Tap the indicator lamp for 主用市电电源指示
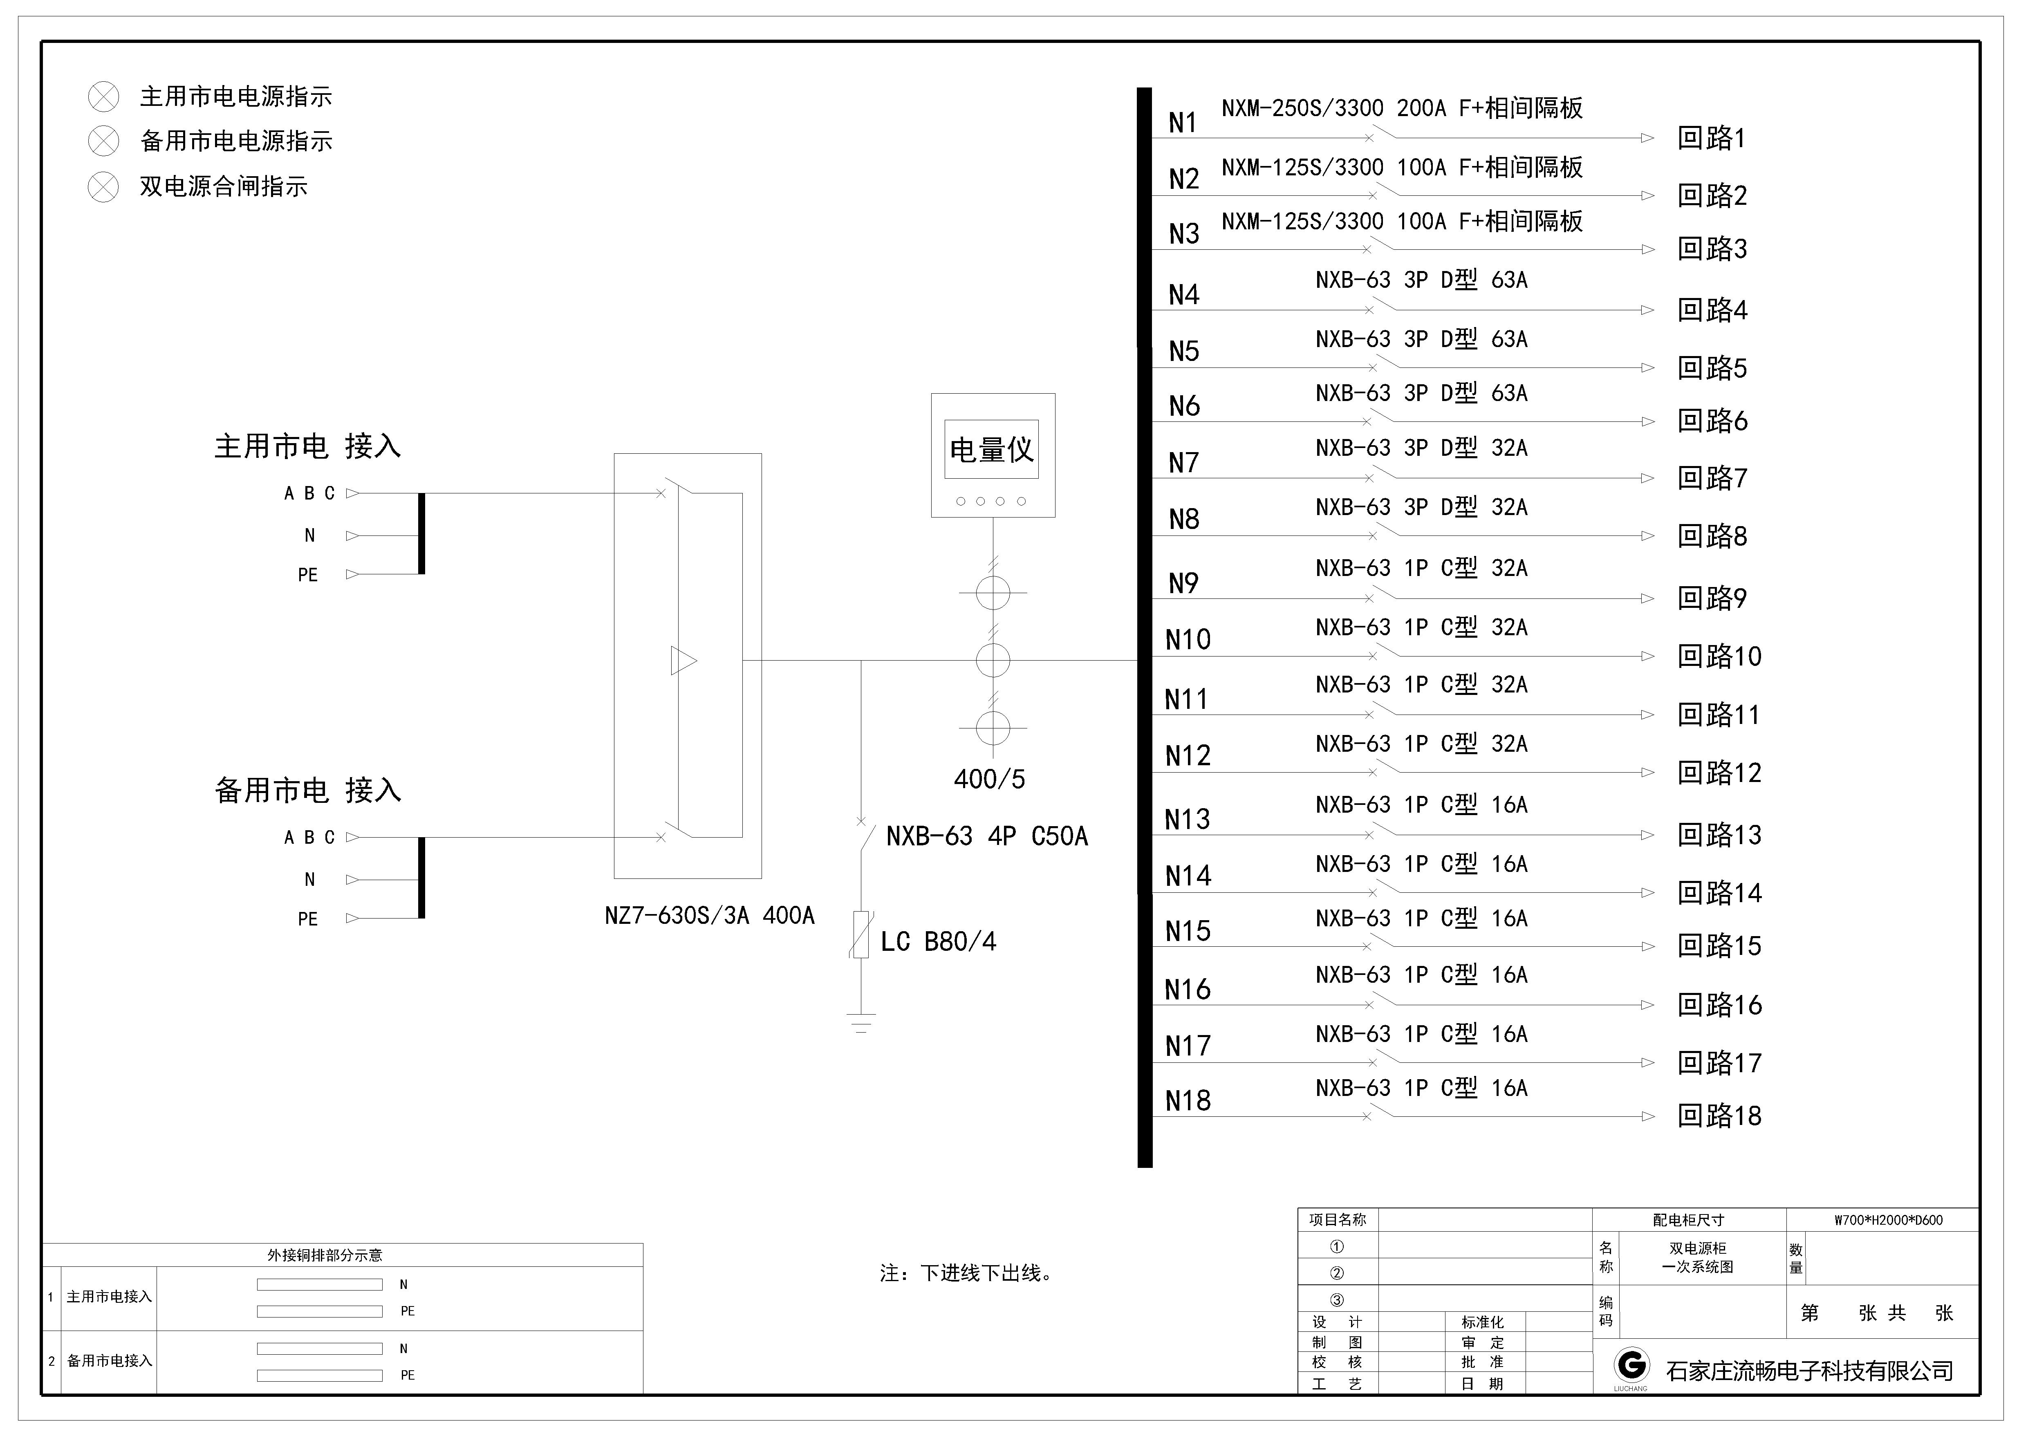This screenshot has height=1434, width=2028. click(103, 96)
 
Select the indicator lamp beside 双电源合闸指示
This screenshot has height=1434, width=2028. click(103, 186)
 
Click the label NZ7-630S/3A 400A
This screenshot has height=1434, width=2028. click(709, 916)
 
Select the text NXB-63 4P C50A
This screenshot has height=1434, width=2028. click(987, 836)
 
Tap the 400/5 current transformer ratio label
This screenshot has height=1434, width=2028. click(989, 779)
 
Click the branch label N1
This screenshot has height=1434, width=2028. click(1183, 123)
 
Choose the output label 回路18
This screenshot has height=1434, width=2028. click(1719, 1116)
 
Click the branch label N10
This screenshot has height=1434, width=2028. click(1188, 639)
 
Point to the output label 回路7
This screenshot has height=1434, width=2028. click(1712, 479)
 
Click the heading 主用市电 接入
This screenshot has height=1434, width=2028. click(307, 446)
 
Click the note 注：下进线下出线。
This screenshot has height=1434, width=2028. click(967, 1273)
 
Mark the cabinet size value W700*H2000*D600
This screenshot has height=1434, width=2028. click(1889, 1220)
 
